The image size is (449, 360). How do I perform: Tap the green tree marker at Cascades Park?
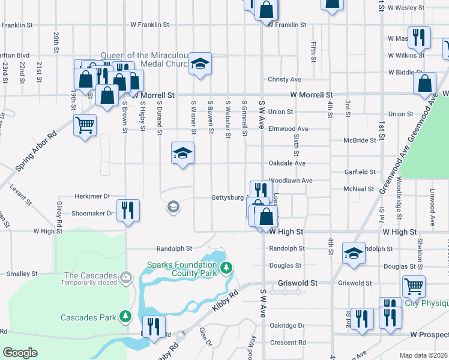pyautogui.click(x=125, y=316)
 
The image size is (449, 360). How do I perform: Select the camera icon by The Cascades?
pyautogui.click(x=125, y=277)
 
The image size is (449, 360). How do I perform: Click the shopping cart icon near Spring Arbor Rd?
pyautogui.click(x=85, y=125)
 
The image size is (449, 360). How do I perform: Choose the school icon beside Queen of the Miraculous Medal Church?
pyautogui.click(x=199, y=63)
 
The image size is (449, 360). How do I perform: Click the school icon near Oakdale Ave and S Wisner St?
pyautogui.click(x=182, y=152)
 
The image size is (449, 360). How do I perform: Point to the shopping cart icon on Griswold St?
pyautogui.click(x=414, y=286)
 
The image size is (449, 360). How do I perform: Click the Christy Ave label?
pyautogui.click(x=285, y=79)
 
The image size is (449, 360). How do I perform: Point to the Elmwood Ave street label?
pyautogui.click(x=288, y=128)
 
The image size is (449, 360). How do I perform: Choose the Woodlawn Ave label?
pyautogui.click(x=291, y=180)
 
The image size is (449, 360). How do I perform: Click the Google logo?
pyautogui.click(x=20, y=353)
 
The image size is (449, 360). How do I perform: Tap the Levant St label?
pyautogui.click(x=20, y=196)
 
